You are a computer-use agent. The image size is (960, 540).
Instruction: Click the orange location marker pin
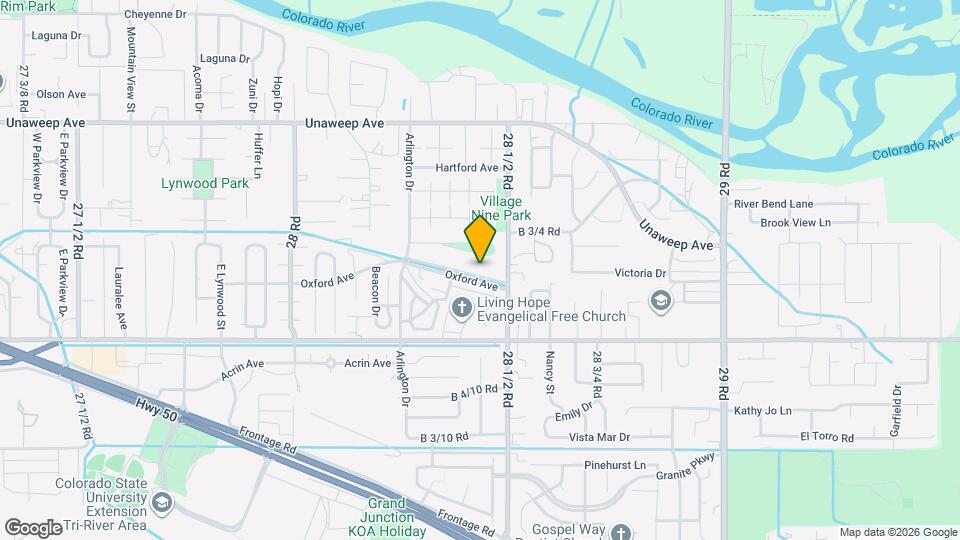(481, 239)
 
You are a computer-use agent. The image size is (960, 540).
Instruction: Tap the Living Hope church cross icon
(462, 306)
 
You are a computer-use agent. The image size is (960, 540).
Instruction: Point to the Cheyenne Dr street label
(156, 15)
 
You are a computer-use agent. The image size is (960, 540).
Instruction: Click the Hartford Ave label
(466, 168)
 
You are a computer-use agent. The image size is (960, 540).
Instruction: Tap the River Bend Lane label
(773, 204)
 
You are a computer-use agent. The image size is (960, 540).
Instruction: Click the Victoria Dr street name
(640, 273)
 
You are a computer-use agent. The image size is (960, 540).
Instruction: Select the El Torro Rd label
(826, 438)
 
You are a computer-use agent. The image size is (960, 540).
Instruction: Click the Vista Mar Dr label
(599, 438)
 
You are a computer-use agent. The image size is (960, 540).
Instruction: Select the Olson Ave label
(61, 94)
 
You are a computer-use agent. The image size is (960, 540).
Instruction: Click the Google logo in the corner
(33, 527)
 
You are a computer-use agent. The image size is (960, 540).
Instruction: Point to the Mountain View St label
(131, 68)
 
